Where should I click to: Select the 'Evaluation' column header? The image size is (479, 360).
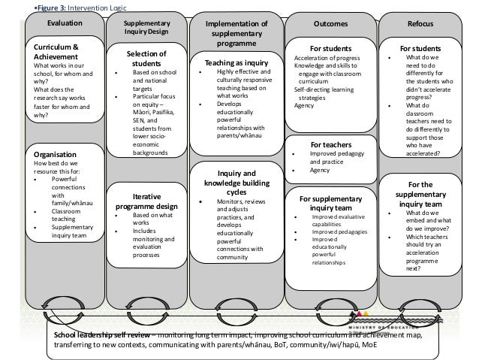pyautogui.click(x=65, y=25)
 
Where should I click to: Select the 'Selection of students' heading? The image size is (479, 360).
pyautogui.click(x=147, y=59)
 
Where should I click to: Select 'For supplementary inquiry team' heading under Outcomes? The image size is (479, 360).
pyautogui.click(x=330, y=203)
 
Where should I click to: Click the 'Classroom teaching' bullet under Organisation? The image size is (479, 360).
pyautogui.click(x=68, y=218)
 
